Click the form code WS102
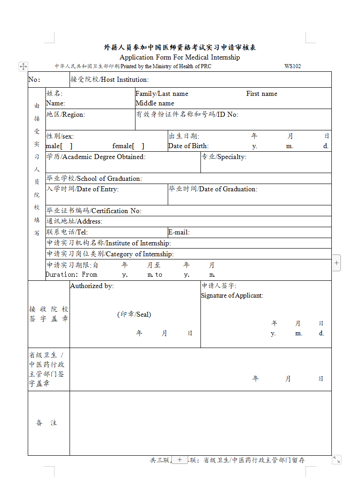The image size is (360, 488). click(x=293, y=66)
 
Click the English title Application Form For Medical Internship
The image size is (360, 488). click(x=180, y=57)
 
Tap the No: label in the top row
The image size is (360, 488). click(x=34, y=80)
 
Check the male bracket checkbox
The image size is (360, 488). click(x=66, y=146)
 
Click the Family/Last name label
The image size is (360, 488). click(x=162, y=94)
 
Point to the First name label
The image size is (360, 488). click(x=262, y=94)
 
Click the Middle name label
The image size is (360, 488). click(x=155, y=103)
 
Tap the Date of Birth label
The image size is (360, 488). click(x=188, y=146)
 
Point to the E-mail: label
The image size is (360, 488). click(x=179, y=233)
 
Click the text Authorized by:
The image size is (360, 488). click(x=92, y=286)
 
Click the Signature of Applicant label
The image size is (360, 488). click(x=232, y=295)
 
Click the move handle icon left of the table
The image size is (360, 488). click(x=23, y=66)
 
